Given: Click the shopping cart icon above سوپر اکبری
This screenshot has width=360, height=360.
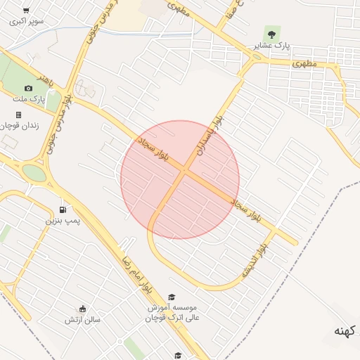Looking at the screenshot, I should pyautogui.click(x=26, y=11).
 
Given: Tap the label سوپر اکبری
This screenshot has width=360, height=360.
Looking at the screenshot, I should pyautogui.click(x=26, y=21).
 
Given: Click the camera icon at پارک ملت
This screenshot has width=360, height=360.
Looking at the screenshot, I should pyautogui.click(x=28, y=88).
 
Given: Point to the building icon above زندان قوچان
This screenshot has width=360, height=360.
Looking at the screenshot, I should pyautogui.click(x=18, y=114).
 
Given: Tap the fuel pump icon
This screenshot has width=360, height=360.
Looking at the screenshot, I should pyautogui.click(x=63, y=210).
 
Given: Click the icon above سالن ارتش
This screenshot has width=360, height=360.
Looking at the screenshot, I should pyautogui.click(x=83, y=309).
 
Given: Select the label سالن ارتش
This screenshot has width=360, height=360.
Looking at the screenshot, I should pyautogui.click(x=83, y=320).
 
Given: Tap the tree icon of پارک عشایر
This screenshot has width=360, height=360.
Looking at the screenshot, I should pyautogui.click(x=271, y=34).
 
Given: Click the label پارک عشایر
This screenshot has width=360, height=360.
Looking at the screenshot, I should pyautogui.click(x=272, y=46).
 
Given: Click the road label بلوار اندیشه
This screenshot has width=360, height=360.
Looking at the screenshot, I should pyautogui.click(x=255, y=260).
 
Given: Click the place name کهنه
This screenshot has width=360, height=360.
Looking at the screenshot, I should pyautogui.click(x=347, y=331).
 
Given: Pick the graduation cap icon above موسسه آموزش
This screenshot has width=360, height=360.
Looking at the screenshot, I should pyautogui.click(x=172, y=297).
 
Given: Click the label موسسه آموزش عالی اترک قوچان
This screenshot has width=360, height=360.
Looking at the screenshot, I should pyautogui.click(x=172, y=313).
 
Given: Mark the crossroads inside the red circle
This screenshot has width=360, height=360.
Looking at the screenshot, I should pyautogui.click(x=184, y=170).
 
